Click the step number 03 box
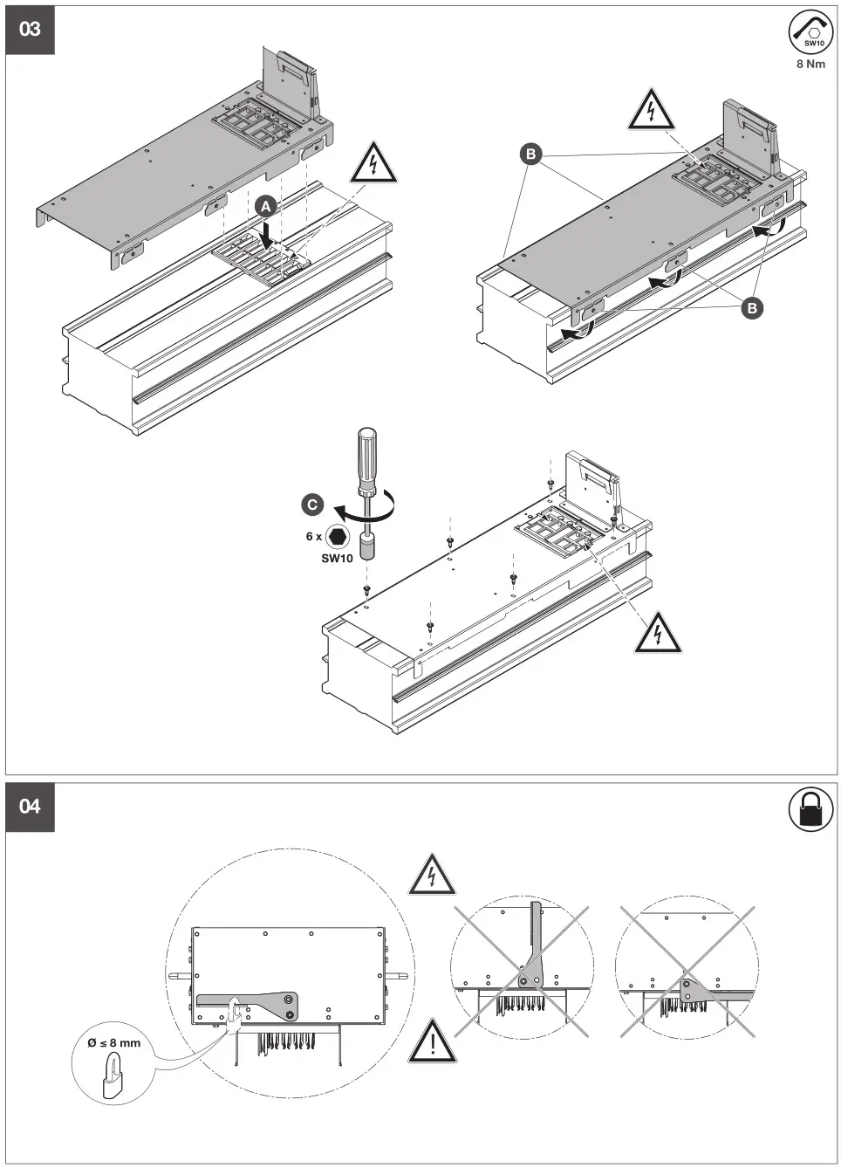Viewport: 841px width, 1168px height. (30, 30)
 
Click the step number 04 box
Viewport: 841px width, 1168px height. (30, 807)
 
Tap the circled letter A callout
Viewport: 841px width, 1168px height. (266, 207)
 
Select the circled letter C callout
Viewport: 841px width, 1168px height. (311, 505)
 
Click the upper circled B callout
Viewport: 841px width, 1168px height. (530, 155)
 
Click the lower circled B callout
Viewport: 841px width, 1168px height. (751, 307)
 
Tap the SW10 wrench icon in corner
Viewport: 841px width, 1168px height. (811, 33)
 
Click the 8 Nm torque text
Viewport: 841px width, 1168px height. (810, 65)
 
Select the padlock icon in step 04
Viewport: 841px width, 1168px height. (810, 810)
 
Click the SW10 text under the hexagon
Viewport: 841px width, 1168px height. (337, 559)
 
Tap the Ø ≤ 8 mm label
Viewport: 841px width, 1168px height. (113, 1043)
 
